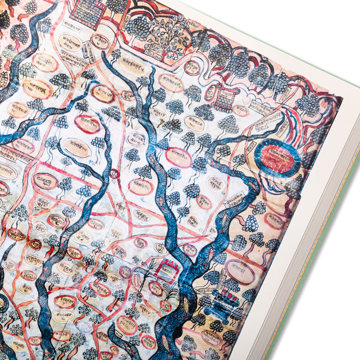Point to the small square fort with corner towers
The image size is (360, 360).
224,97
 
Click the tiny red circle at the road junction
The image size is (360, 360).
114,173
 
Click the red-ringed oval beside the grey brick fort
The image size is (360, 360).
100,41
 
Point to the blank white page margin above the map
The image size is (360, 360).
280,30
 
